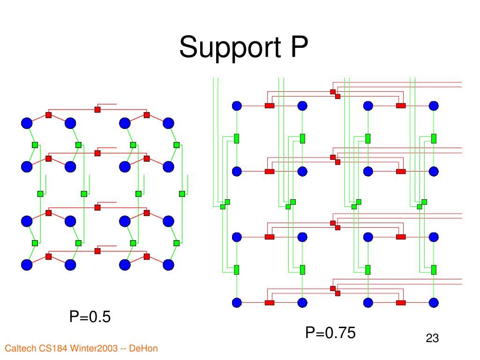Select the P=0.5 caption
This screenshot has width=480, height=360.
[90, 317]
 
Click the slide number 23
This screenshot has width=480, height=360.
[432, 338]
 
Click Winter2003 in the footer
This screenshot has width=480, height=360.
[93, 348]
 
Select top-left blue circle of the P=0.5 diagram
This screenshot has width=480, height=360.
[27, 123]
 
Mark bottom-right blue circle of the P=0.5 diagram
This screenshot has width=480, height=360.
[168, 265]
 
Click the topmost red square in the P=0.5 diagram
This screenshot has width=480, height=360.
[97, 110]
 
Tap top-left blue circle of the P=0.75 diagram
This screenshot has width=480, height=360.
[237, 106]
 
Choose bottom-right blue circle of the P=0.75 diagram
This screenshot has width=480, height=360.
[434, 302]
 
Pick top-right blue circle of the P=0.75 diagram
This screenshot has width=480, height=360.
[434, 106]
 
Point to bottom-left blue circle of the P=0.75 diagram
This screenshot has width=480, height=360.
[237, 302]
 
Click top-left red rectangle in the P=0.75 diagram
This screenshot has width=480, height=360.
[270, 106]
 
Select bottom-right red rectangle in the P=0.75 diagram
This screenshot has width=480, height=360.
[401, 302]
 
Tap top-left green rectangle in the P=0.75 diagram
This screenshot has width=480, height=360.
[237, 138]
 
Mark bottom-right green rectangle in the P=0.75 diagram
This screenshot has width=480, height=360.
[434, 270]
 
